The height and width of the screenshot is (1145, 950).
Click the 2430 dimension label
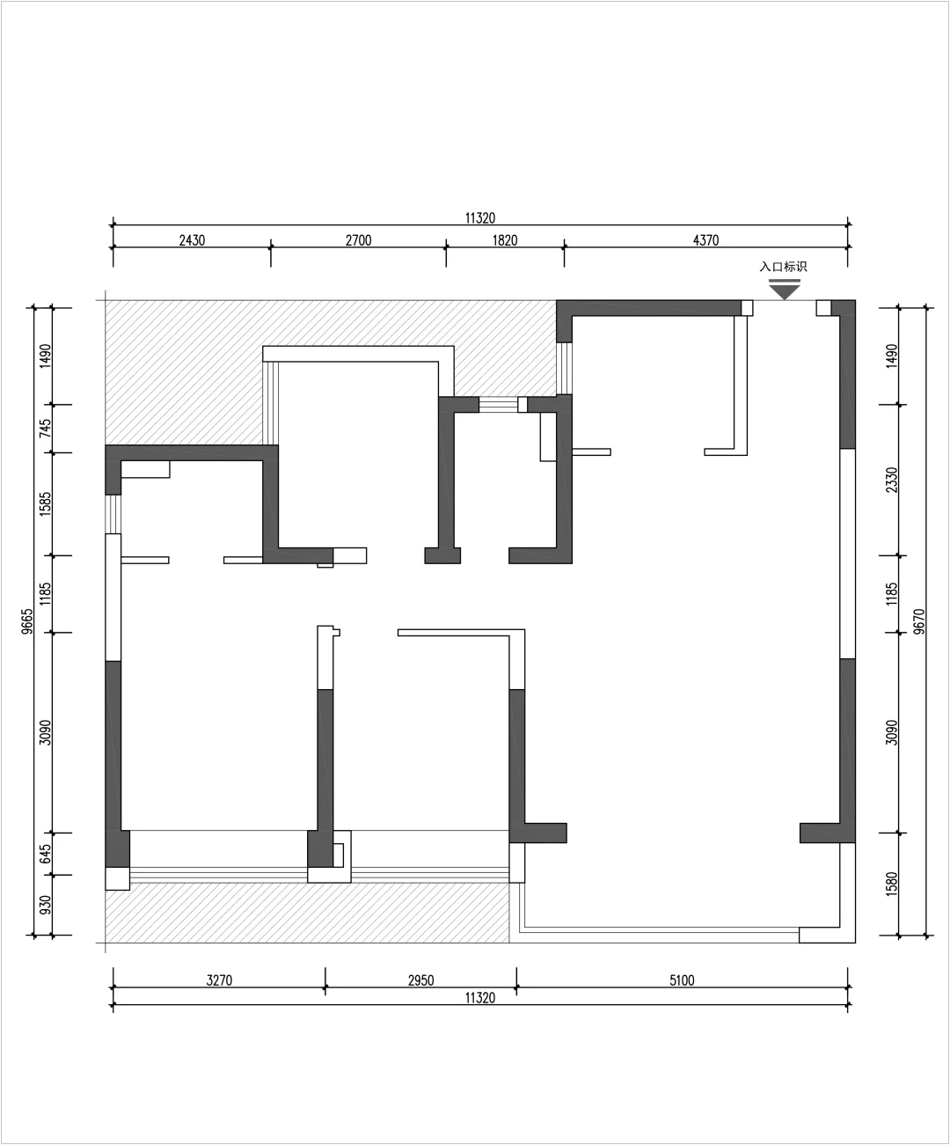[x=192, y=240]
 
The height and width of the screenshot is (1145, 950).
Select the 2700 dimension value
[x=359, y=240]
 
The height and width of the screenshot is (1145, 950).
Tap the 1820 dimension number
[x=505, y=240]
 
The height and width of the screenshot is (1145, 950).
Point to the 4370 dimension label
[x=706, y=240]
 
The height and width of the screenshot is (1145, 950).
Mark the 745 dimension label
[x=45, y=429]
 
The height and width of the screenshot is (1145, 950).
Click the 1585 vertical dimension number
[x=45, y=503]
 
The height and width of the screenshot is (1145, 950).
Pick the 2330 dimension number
[x=893, y=480]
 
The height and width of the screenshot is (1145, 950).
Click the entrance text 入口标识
[x=783, y=267]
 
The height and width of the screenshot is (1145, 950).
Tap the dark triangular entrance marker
[x=785, y=290]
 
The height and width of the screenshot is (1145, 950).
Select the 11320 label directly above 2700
[x=480, y=218]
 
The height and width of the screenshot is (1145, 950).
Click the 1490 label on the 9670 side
[x=893, y=356]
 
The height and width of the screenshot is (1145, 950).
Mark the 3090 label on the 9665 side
[x=45, y=732]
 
